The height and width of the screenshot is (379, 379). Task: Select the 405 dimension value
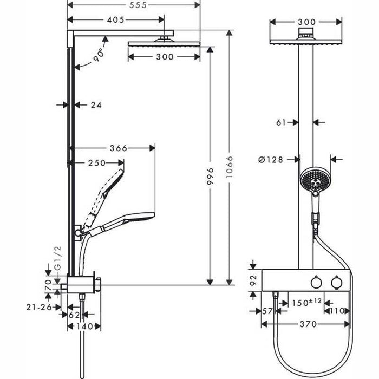[x=116, y=20]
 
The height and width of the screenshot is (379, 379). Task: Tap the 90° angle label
[x=97, y=55]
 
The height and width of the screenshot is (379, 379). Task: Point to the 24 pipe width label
[x=96, y=105]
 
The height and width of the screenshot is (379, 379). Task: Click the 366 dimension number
[x=117, y=148]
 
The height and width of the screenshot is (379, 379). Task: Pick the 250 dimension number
[x=97, y=163]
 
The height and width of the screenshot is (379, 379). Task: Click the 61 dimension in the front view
[x=280, y=122]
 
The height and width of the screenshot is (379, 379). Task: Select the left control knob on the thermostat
[x=316, y=284]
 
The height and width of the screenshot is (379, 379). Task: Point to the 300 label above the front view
[x=306, y=22]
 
